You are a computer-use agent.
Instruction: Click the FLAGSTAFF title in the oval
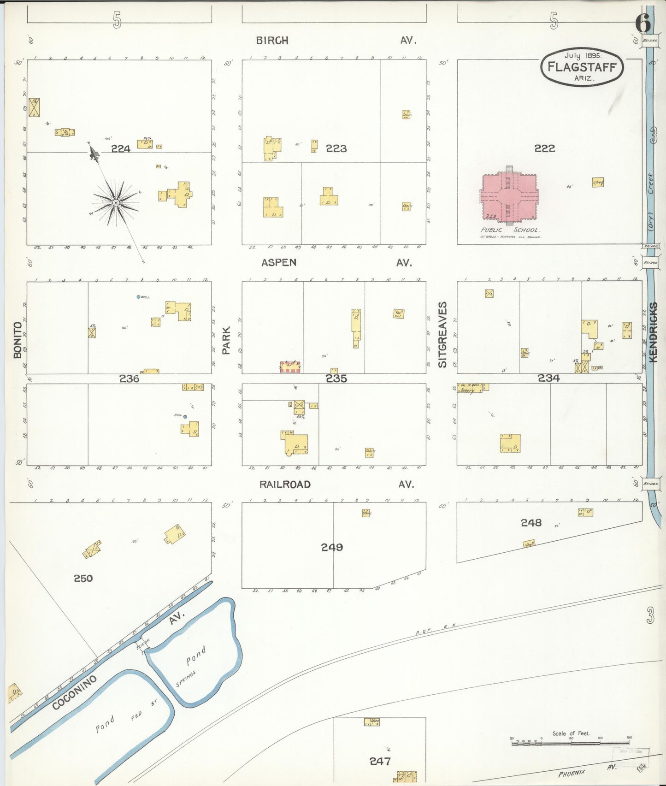[582, 67]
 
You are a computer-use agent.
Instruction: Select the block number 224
[121, 148]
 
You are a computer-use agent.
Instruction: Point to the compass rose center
[116, 202]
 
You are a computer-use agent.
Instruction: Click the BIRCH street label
[272, 41]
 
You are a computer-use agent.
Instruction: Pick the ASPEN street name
[279, 262]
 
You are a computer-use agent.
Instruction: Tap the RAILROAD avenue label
[285, 484]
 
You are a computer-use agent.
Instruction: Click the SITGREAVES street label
[442, 335]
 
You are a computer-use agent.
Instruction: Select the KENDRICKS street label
[654, 332]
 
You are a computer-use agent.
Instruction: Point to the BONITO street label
[18, 340]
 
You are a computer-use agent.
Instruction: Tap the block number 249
[332, 547]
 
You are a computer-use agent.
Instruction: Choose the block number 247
[380, 762]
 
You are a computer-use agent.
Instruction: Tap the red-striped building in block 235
[290, 366]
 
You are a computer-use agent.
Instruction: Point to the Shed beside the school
[598, 183]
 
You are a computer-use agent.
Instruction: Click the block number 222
[544, 148]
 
